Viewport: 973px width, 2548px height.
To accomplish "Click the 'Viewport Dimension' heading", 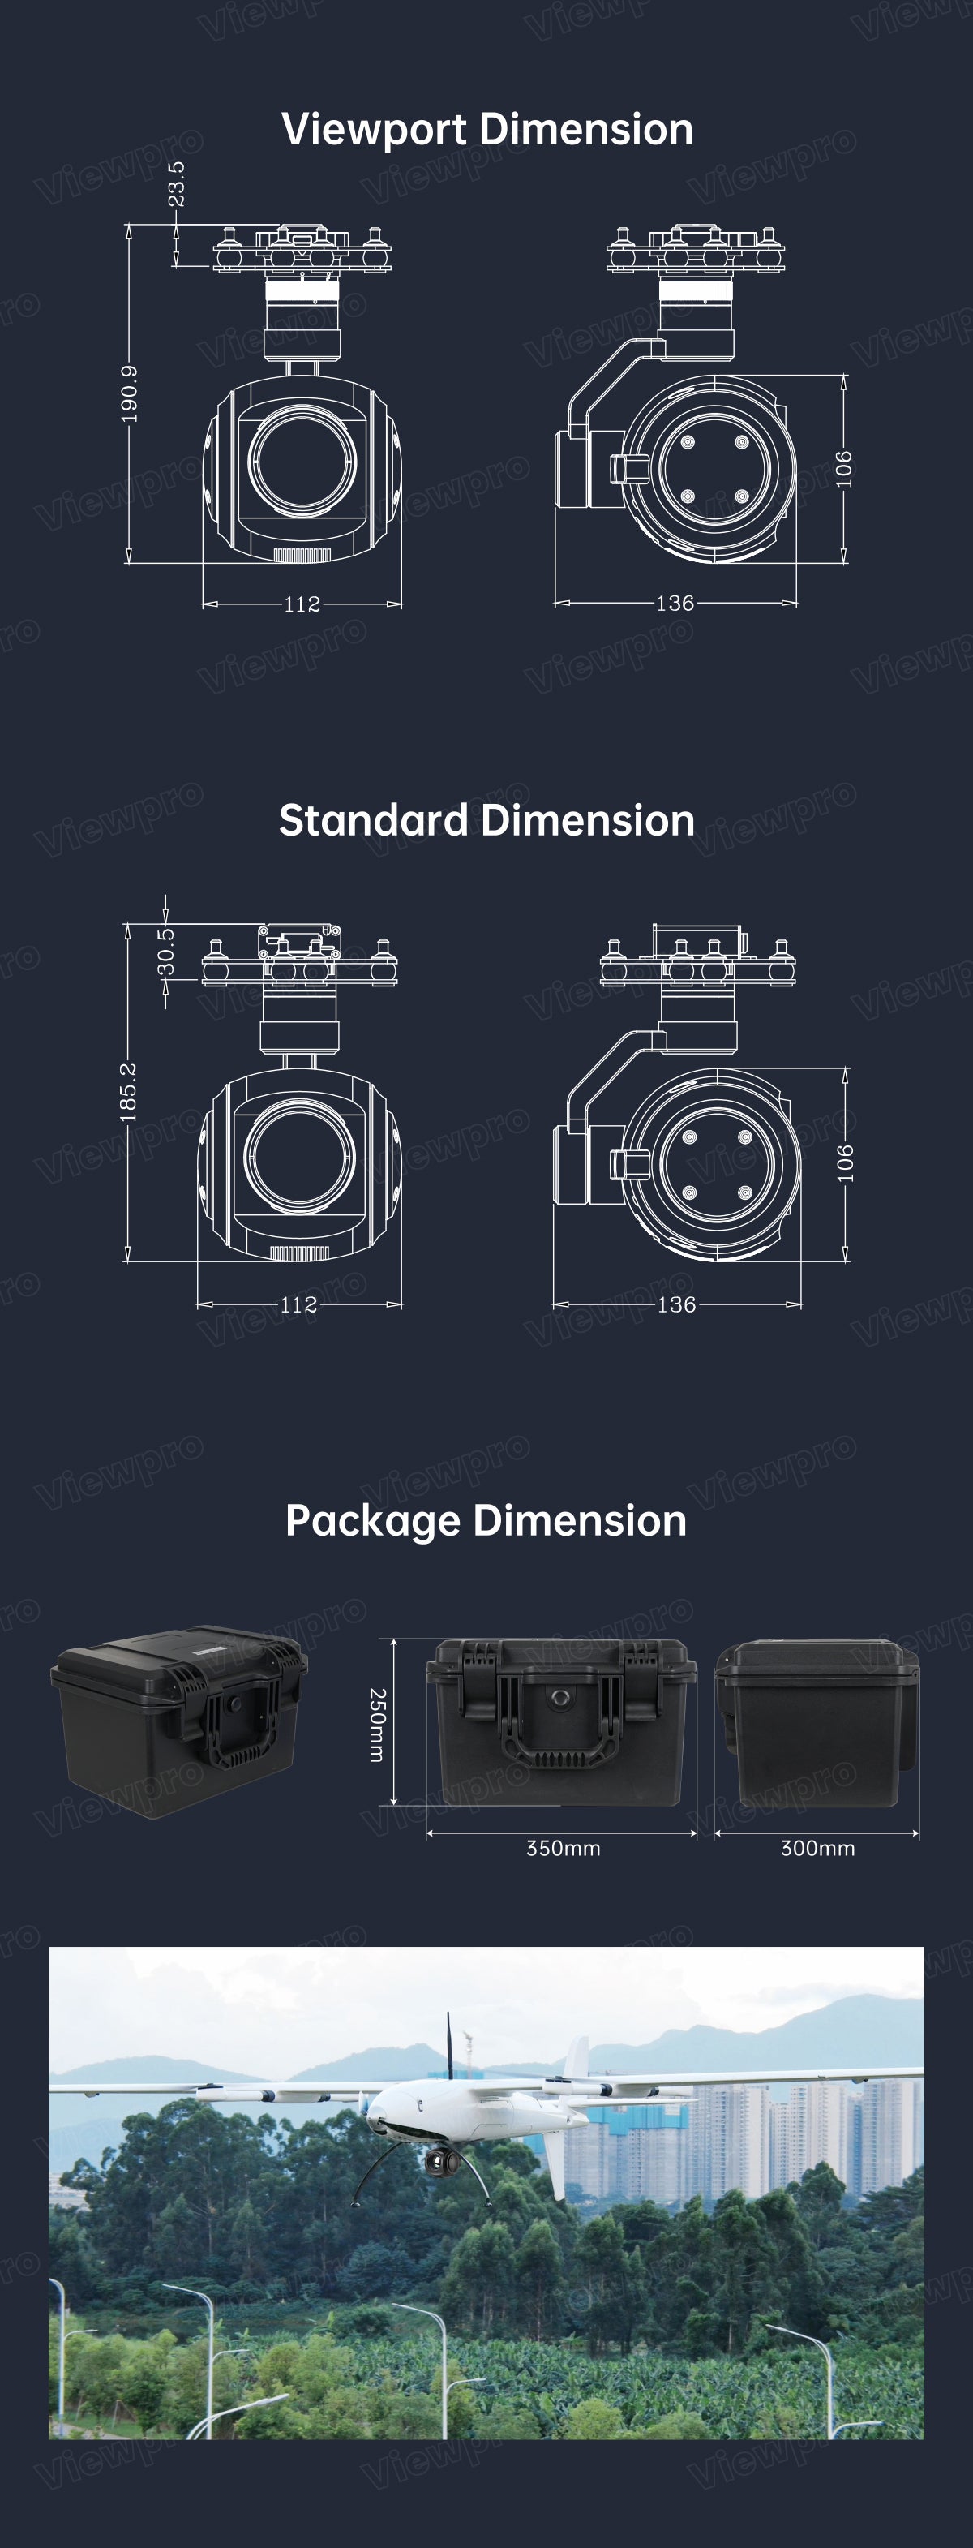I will coord(486,130).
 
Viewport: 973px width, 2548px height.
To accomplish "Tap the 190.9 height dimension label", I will coord(130,393).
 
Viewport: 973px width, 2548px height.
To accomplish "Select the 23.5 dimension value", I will coord(176,184).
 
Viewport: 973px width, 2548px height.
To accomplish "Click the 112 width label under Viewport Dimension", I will coord(302,604).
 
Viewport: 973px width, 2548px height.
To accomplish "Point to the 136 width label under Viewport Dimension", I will coord(675,603).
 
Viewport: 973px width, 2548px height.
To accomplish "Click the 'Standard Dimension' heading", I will coord(486,821).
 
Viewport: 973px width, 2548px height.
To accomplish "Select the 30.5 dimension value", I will coord(166,951).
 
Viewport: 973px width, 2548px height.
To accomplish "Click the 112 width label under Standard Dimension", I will coord(298,1304).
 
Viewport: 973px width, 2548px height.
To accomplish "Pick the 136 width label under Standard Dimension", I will coord(676,1304).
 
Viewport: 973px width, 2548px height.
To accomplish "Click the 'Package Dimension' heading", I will coord(486,1521).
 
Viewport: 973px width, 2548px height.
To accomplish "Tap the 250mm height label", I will coord(377,1725).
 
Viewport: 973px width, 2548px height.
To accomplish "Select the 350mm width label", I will coord(563,1848).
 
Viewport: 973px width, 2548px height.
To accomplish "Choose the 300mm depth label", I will coord(818,1848).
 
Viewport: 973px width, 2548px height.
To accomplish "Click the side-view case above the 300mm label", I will coord(817,1723).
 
